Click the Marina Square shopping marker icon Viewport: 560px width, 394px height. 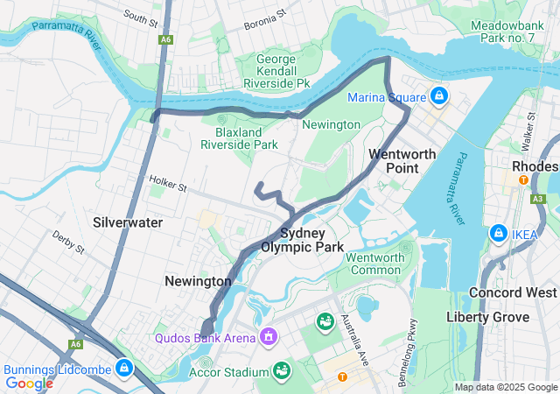[x=439, y=96]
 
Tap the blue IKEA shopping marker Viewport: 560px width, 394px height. [x=498, y=233]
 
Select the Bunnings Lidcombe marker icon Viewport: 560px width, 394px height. [x=123, y=367]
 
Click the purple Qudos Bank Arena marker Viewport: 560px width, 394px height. [x=269, y=337]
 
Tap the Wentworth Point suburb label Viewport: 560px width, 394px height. [x=402, y=160]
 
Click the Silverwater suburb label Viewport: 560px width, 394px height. [x=128, y=222]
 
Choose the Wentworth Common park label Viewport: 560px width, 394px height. [x=375, y=264]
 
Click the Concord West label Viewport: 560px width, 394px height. [x=513, y=292]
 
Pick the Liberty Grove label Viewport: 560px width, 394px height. [x=487, y=316]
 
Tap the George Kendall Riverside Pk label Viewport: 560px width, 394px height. [x=283, y=72]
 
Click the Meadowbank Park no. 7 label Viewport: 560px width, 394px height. [x=513, y=32]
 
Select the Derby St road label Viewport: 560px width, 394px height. [x=66, y=243]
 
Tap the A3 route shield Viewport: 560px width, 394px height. [x=537, y=200]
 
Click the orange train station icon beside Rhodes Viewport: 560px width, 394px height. [x=523, y=180]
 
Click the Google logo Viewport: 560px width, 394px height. [x=29, y=383]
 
